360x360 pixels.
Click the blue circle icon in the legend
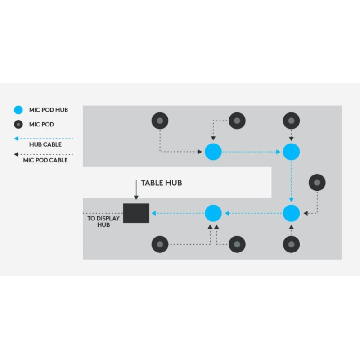[18, 110]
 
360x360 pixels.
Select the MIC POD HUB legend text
[49, 110]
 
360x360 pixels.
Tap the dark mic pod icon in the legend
[18, 125]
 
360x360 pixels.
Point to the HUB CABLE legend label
[45, 144]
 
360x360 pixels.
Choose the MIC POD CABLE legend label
[45, 160]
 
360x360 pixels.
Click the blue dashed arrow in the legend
[43, 139]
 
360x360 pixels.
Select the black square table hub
[136, 213]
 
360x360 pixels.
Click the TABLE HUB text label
[162, 183]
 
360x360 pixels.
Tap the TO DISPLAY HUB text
[103, 222]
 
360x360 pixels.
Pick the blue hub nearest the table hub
[213, 213]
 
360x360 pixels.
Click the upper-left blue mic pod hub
[213, 152]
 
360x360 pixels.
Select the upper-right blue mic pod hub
[291, 152]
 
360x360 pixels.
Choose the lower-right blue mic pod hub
[291, 213]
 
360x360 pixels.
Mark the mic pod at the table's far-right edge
[317, 183]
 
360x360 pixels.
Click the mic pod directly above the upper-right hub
[291, 121]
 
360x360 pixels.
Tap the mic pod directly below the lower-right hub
[291, 244]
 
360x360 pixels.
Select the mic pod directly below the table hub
[160, 244]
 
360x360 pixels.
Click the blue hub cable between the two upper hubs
[252, 152]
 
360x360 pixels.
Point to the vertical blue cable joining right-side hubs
[291, 182]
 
